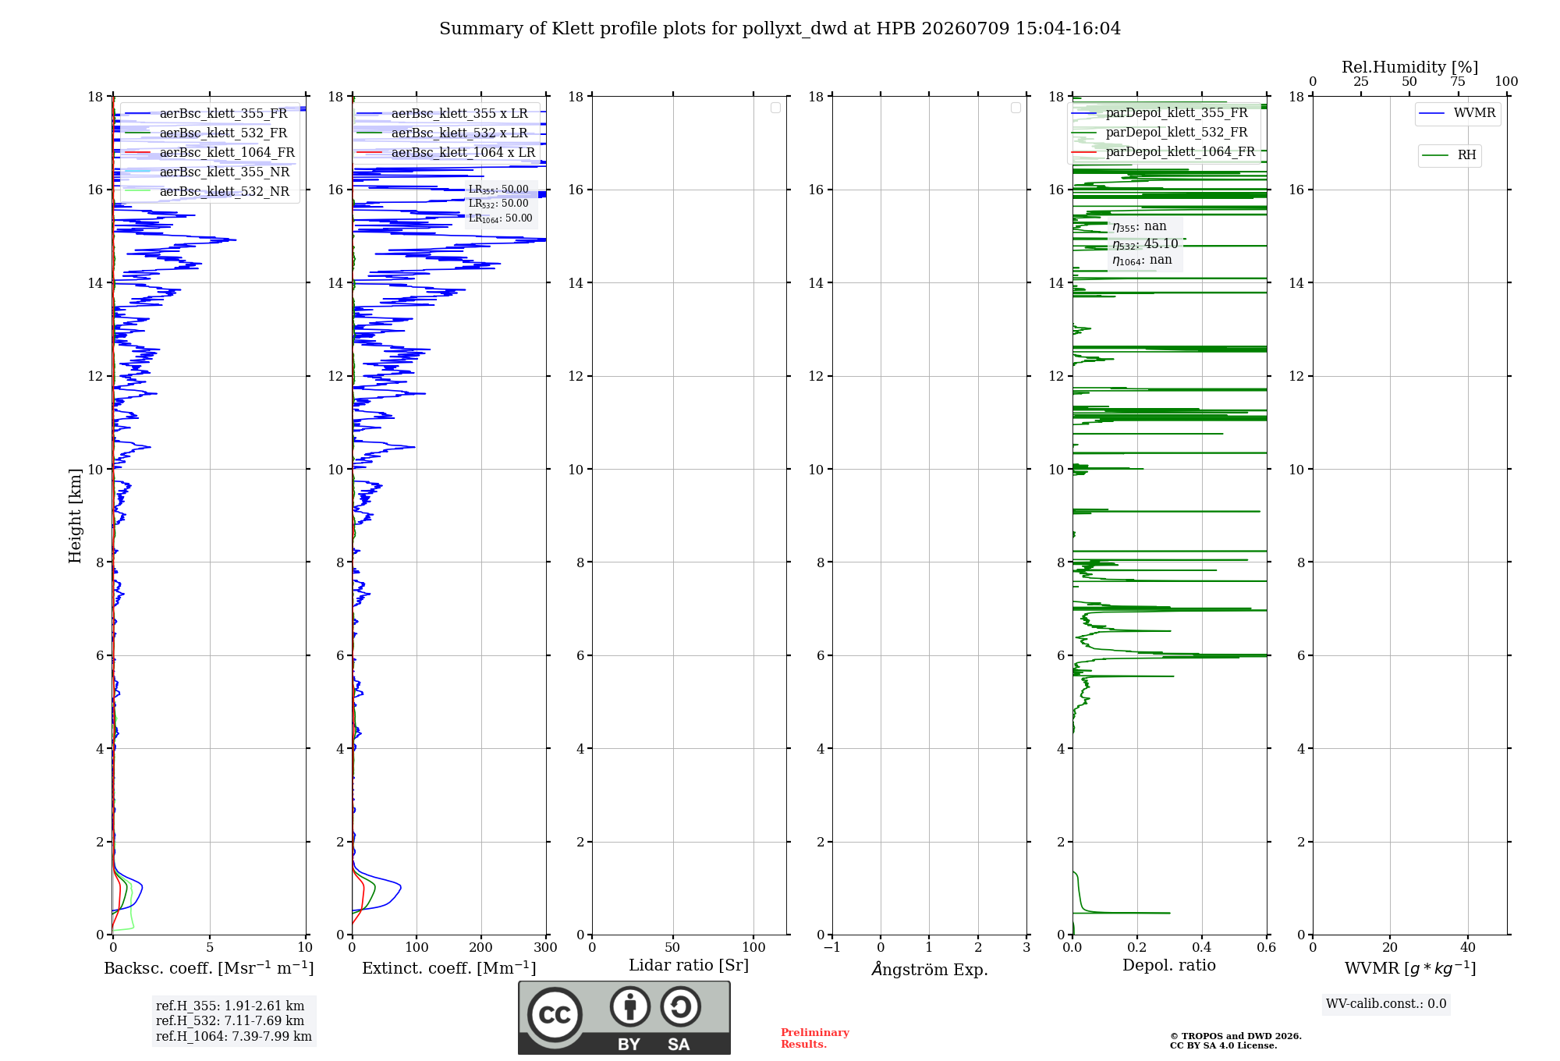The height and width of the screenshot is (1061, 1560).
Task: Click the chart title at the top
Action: [x=780, y=29]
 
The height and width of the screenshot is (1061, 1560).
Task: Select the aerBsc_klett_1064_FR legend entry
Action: [x=210, y=152]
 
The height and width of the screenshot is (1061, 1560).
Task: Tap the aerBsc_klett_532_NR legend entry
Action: [x=207, y=191]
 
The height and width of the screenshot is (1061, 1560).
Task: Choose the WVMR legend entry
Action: [x=1457, y=113]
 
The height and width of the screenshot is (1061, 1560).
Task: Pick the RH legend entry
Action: [x=1449, y=155]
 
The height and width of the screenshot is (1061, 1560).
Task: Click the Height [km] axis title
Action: [x=75, y=516]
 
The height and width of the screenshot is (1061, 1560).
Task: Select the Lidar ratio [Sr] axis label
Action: [x=689, y=965]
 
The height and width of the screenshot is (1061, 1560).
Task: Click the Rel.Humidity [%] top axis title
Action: [x=1409, y=67]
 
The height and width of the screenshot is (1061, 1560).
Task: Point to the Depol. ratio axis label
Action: [x=1169, y=965]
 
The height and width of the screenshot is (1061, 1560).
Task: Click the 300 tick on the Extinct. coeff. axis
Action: [x=546, y=947]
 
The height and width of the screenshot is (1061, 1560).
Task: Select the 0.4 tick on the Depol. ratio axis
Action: [x=1202, y=947]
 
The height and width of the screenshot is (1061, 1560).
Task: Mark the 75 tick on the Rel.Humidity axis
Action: [x=1458, y=81]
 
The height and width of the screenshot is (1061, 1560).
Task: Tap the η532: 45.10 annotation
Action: [x=1145, y=244]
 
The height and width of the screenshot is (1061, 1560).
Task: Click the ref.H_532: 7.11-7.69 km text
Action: [x=230, y=1020]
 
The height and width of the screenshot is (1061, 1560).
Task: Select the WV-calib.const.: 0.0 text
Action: [x=1386, y=1004]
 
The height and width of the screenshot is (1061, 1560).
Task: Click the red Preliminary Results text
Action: [x=815, y=1038]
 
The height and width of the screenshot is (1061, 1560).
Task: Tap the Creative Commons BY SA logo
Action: [x=625, y=1018]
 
